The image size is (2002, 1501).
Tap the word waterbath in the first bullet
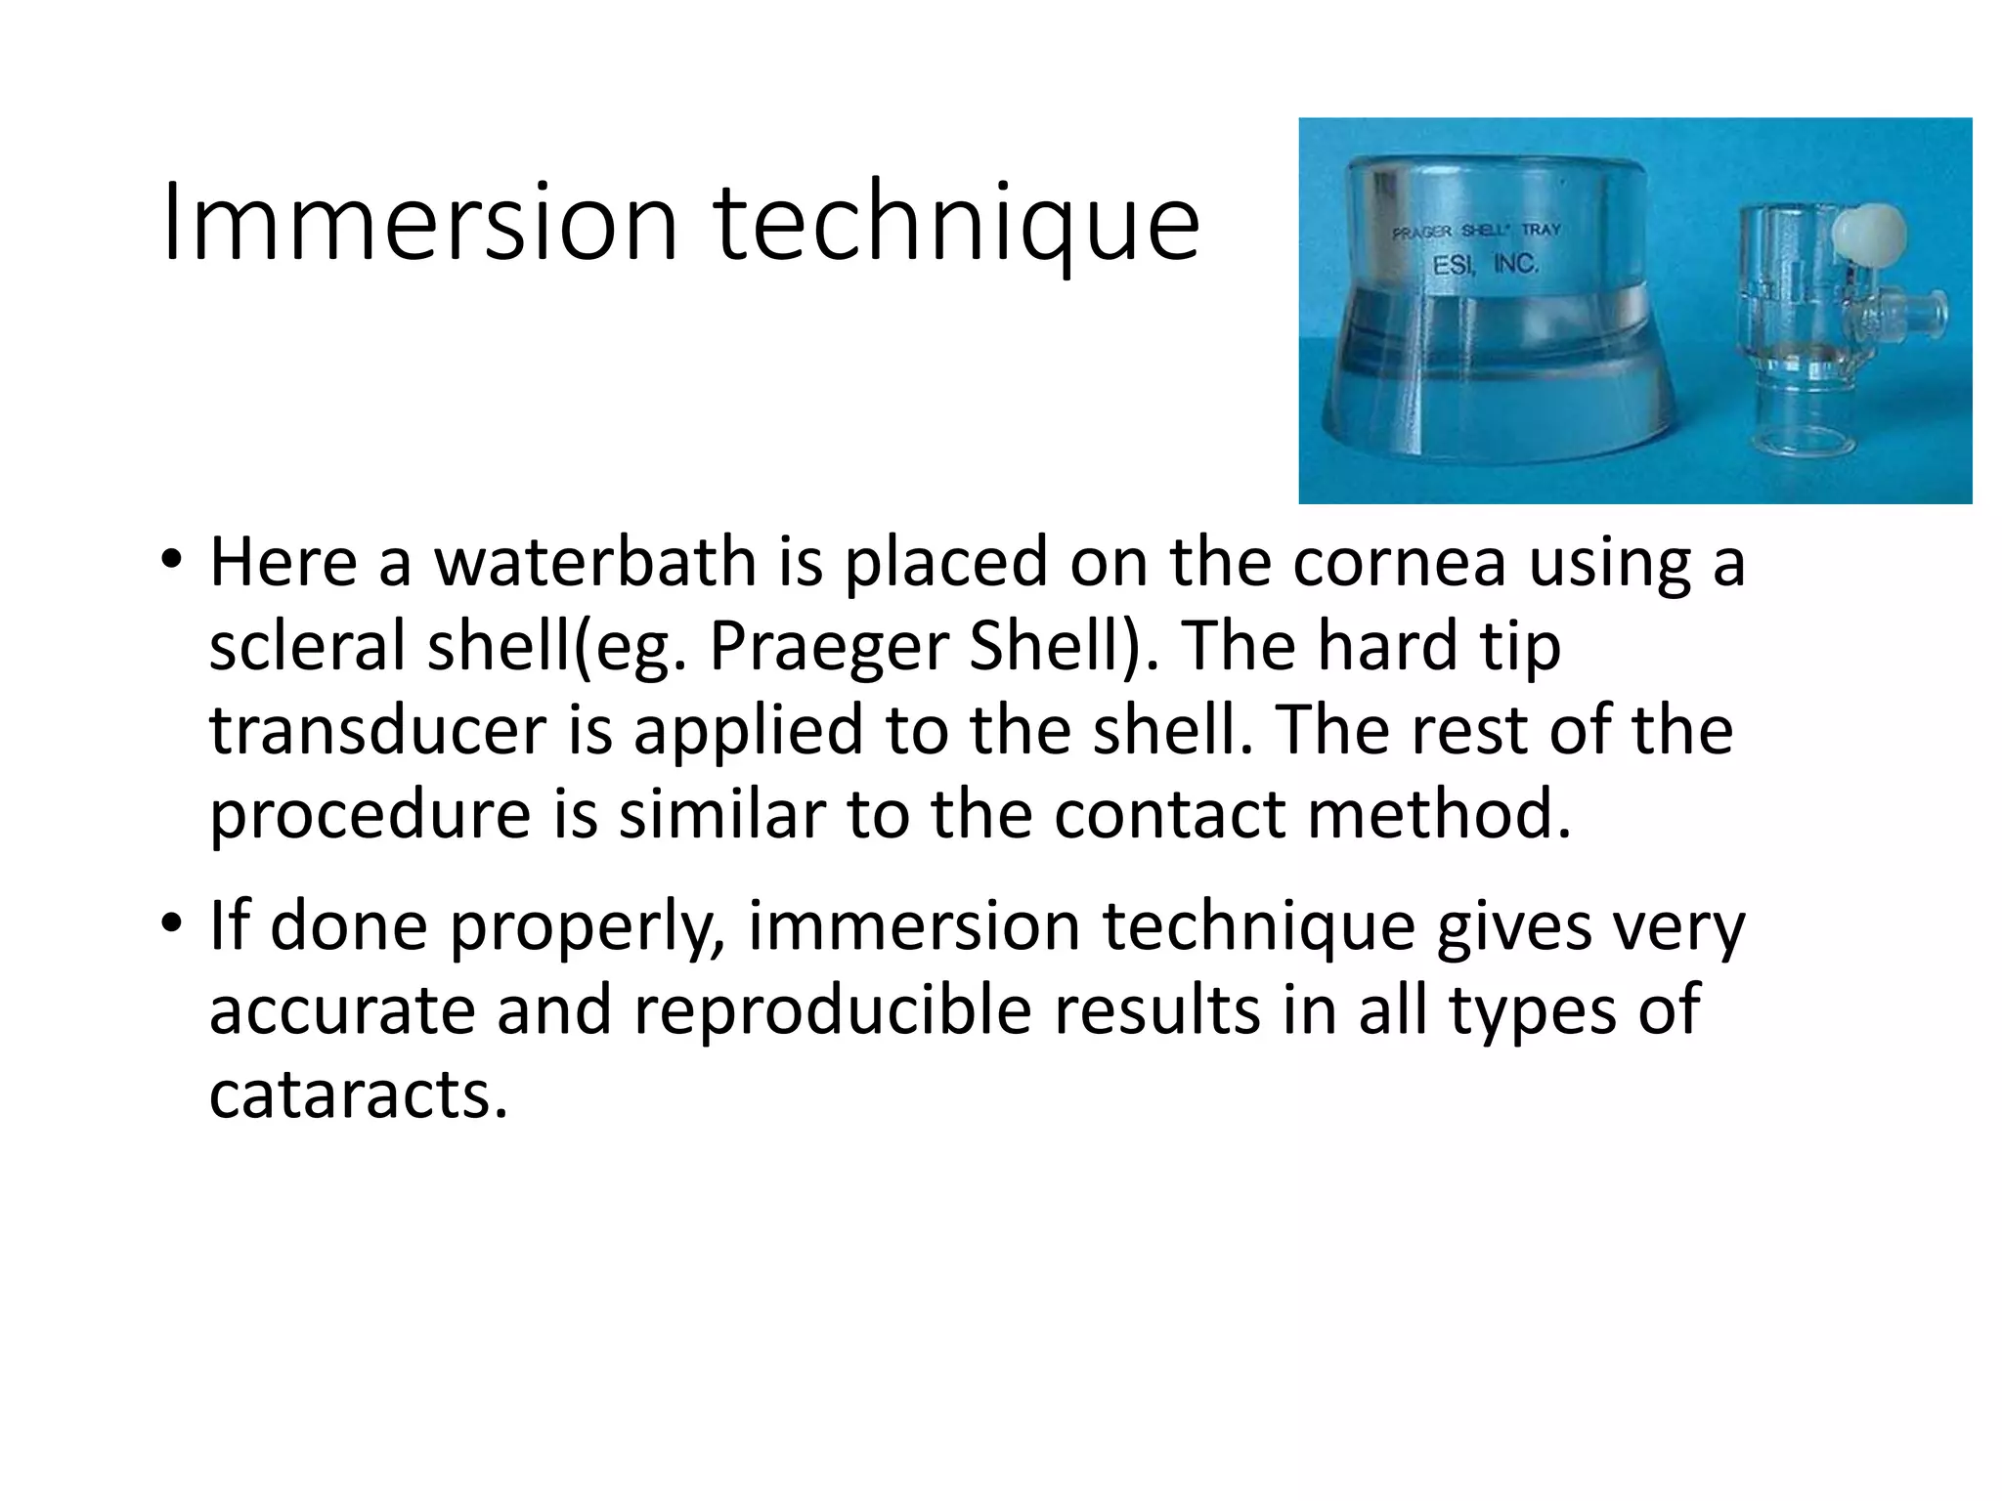point(595,564)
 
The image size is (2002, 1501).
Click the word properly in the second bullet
point(587,928)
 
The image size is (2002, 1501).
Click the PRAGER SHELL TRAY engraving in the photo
point(1476,232)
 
